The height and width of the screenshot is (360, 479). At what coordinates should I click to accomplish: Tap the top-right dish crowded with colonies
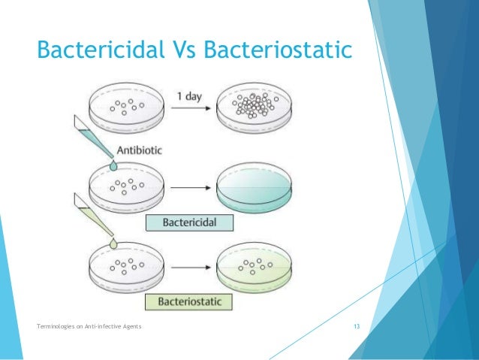pyautogui.click(x=255, y=110)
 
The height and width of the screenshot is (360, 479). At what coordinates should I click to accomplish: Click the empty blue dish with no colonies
pyautogui.click(x=255, y=191)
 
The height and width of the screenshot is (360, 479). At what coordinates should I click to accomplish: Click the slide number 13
pyautogui.click(x=357, y=325)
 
